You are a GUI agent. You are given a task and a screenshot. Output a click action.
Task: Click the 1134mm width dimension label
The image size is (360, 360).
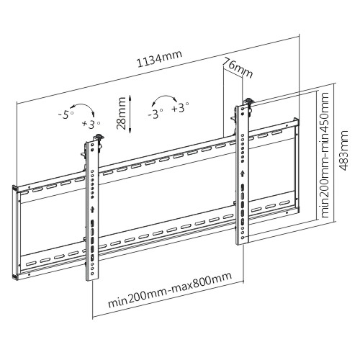[x=159, y=59]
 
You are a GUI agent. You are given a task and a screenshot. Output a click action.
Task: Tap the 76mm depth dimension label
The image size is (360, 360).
[x=238, y=68]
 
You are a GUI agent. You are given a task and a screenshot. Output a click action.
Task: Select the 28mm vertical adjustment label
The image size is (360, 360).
[x=121, y=113]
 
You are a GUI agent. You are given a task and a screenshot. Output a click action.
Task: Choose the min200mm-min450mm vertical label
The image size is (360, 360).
[x=325, y=155]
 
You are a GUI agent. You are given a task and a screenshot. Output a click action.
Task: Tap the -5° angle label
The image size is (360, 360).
[x=66, y=115]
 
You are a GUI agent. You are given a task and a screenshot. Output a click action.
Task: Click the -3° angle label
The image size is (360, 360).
[x=156, y=114]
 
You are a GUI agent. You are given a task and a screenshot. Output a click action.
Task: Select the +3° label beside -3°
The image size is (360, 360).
[x=180, y=108]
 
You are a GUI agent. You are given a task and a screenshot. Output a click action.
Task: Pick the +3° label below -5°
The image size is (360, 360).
[x=91, y=125]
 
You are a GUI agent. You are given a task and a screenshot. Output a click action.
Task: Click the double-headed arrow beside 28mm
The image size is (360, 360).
[x=130, y=114]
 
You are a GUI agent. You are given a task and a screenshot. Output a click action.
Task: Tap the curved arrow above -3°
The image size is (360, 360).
[x=164, y=96]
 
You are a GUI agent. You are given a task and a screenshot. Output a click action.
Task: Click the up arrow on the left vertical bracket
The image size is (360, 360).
[x=92, y=210]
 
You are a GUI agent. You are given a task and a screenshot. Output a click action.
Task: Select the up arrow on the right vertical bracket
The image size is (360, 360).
[x=243, y=173]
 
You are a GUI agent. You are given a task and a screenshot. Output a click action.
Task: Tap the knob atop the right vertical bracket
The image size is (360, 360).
[x=249, y=101]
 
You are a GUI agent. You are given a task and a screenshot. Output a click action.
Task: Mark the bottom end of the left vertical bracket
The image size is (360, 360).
[x=92, y=279]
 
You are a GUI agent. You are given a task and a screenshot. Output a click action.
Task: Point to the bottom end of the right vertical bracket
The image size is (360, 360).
[x=243, y=244]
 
